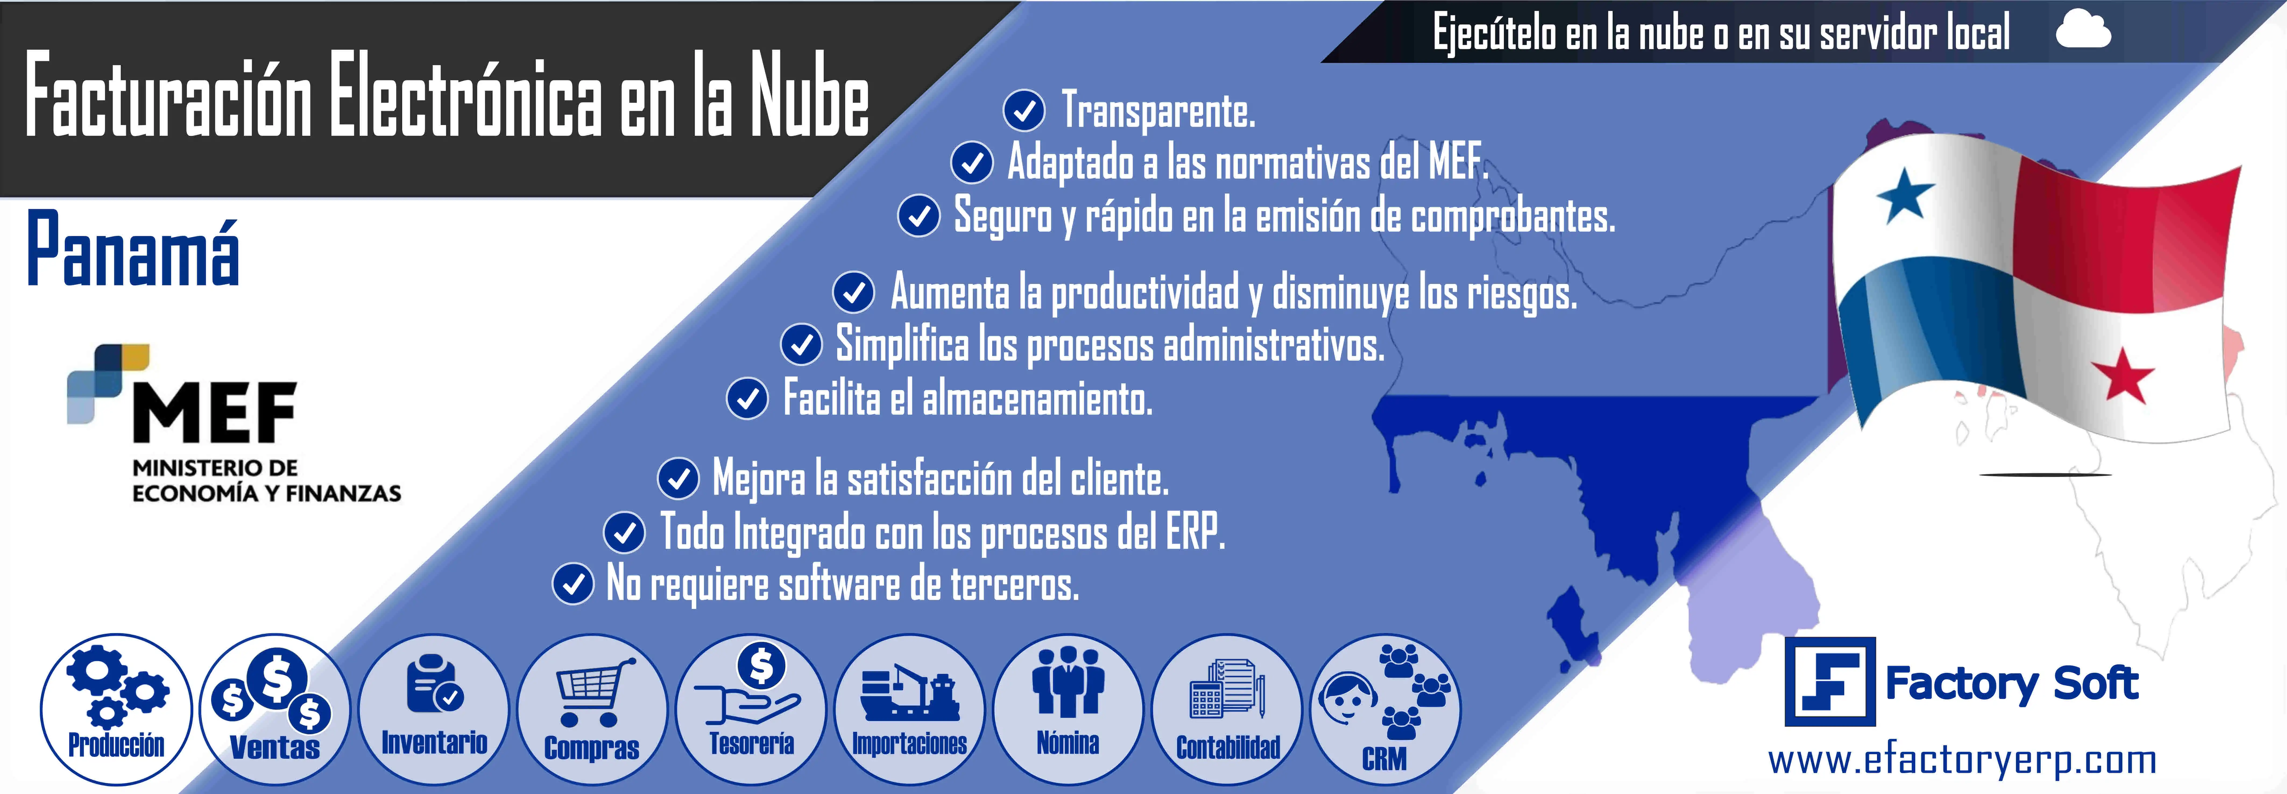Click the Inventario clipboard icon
[433, 685]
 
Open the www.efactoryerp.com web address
[1962, 760]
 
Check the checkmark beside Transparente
[1024, 111]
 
